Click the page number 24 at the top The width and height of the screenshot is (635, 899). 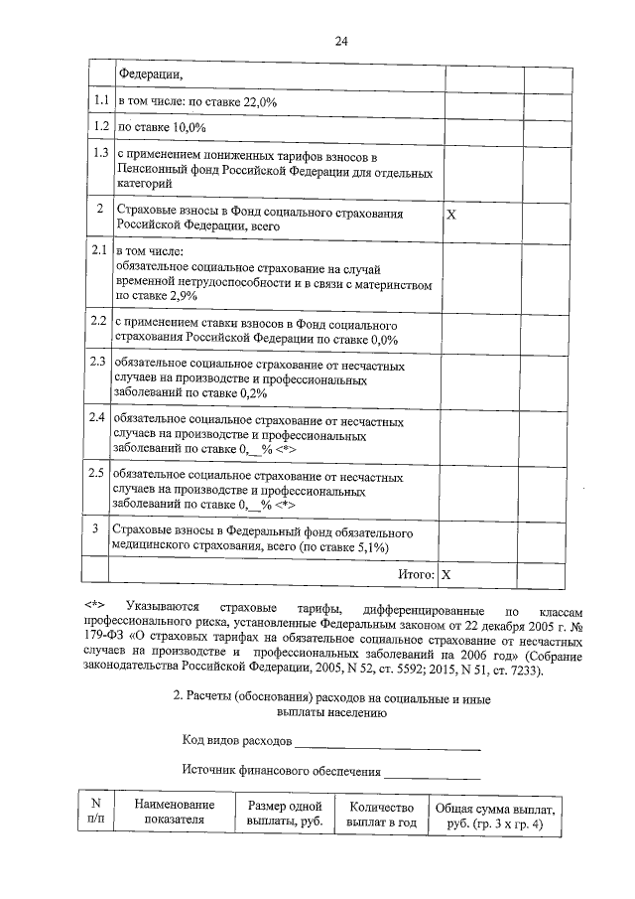click(340, 41)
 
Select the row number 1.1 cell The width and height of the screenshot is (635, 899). click(99, 101)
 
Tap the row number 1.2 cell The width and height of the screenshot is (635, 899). click(99, 128)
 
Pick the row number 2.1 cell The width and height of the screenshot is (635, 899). click(99, 250)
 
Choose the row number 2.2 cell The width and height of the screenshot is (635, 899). click(99, 324)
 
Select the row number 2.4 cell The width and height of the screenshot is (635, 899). click(99, 417)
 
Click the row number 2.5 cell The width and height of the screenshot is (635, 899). click(99, 474)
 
